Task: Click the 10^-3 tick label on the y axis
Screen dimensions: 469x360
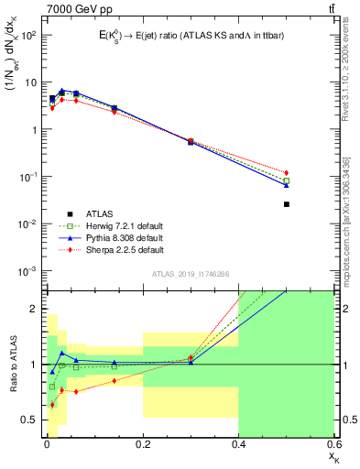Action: point(27,271)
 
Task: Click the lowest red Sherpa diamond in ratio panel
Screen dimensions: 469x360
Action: point(52,404)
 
